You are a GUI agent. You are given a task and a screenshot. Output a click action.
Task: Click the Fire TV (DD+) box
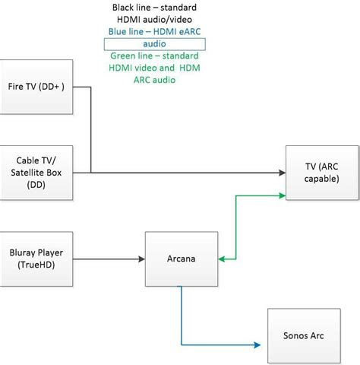pos(36,87)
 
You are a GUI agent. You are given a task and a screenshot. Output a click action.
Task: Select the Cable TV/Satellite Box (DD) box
pos(36,173)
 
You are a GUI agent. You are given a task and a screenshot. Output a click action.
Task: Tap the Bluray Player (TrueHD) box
pos(36,259)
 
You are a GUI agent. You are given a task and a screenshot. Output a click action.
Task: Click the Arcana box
pos(182,259)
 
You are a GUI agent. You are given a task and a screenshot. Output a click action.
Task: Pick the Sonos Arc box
pos(304,336)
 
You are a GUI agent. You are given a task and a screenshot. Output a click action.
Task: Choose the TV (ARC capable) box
pos(322,173)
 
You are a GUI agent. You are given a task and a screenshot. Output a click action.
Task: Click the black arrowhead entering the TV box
pos(282,173)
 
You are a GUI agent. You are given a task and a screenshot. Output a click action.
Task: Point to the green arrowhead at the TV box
pos(282,195)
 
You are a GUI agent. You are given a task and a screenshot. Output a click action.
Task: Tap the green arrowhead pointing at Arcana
pos(222,259)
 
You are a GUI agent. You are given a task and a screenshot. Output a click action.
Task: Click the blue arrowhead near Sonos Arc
pos(257,345)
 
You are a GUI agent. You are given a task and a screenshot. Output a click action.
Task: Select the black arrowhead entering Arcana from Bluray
pos(141,259)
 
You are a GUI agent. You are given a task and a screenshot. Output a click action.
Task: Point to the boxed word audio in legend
pos(154,44)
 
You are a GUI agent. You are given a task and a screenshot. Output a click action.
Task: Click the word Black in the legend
pos(122,8)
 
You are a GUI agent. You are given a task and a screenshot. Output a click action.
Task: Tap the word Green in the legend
pos(120,56)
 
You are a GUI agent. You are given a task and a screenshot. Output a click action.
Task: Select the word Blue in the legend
pos(117,32)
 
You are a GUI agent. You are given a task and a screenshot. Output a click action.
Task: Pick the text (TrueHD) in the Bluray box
pos(36,265)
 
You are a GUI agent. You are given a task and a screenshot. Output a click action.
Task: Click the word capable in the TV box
pos(322,179)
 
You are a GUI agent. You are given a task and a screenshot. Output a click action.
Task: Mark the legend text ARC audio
pos(154,80)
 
